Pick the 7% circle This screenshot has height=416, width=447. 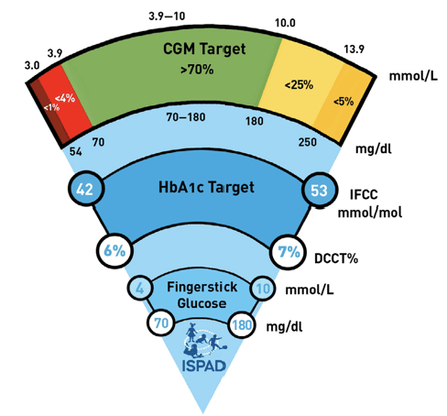[289, 251]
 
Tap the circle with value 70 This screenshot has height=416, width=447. [162, 323]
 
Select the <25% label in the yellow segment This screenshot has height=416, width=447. [298, 85]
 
